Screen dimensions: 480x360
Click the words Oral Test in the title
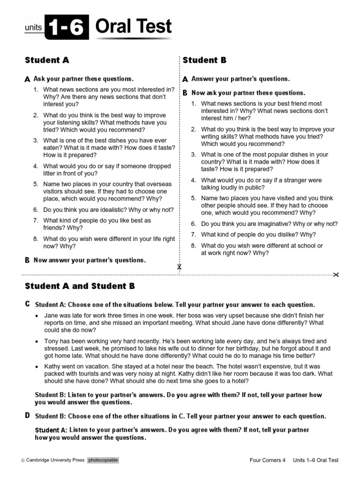coord(133,27)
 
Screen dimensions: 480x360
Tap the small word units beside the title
coord(33,28)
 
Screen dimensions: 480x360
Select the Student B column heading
coord(204,60)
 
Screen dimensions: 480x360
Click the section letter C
coord(27,304)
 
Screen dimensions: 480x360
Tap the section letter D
coord(27,415)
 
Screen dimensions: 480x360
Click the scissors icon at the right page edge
coord(335,275)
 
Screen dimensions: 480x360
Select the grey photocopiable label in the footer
coord(103,460)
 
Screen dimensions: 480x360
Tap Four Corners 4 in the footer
coord(267,460)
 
